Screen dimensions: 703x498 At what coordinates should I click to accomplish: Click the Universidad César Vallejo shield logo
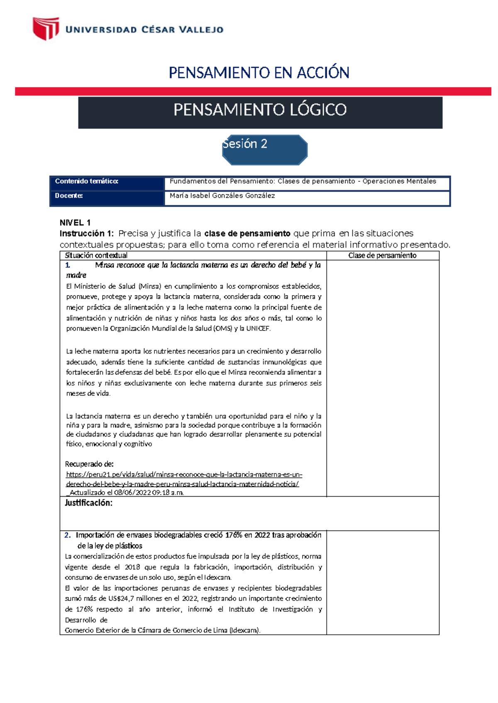[46, 28]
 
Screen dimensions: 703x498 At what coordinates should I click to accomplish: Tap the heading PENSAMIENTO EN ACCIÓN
[259, 73]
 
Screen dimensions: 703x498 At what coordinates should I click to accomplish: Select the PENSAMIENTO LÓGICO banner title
[260, 110]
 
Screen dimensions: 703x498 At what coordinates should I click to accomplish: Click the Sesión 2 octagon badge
[265, 150]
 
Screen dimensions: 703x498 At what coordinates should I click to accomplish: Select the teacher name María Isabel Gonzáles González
[222, 196]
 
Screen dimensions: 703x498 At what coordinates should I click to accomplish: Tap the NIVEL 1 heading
[75, 223]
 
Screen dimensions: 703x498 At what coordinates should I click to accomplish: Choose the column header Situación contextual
[96, 256]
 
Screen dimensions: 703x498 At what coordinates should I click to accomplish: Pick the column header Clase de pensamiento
[382, 256]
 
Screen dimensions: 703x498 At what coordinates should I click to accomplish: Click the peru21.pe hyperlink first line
[184, 475]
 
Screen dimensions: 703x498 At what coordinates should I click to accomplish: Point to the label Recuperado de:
[89, 464]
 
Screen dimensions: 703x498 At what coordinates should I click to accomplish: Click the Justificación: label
[88, 503]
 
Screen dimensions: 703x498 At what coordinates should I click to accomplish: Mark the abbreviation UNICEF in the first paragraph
[258, 329]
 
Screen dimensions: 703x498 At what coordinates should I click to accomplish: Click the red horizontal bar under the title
[253, 92]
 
